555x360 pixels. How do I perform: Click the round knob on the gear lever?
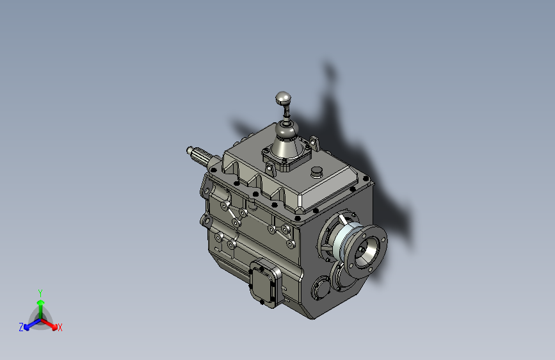283,98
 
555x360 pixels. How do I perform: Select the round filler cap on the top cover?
317,172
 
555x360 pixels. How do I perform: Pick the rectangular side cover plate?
264,282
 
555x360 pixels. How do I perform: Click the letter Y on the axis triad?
40,293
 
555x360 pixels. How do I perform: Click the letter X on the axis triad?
60,327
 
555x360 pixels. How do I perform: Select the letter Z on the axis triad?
21,327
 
